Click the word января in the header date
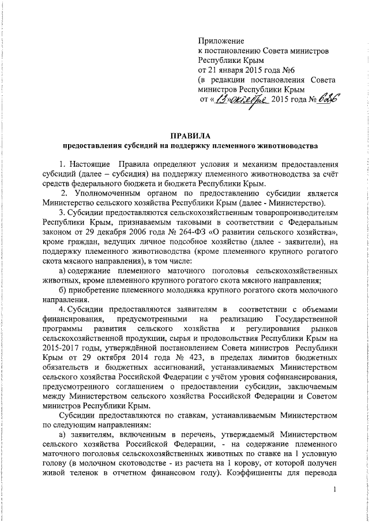[227, 70]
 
